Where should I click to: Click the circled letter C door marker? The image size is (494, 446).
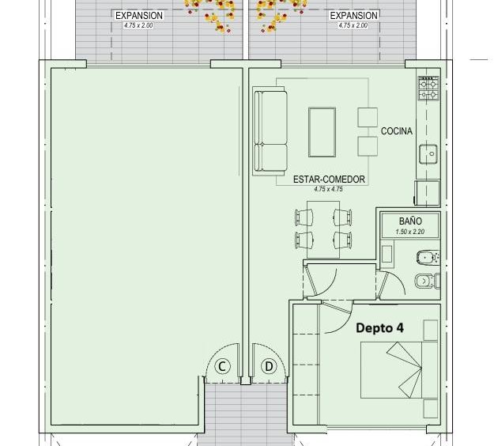(x=222, y=367)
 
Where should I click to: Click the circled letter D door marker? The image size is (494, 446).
(x=269, y=367)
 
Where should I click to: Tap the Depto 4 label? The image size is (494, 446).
(x=379, y=328)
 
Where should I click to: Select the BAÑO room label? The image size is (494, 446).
(x=410, y=221)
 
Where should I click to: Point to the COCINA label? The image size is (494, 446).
(x=396, y=131)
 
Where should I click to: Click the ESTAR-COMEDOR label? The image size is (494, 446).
(x=329, y=180)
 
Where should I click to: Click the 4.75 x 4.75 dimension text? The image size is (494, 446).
(x=328, y=189)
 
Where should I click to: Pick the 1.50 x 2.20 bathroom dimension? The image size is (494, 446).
(x=410, y=232)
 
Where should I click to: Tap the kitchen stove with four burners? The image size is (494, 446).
(x=428, y=89)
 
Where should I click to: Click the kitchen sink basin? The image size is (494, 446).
(x=428, y=154)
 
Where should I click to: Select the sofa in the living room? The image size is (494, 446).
(x=270, y=131)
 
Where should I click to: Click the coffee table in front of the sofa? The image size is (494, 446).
(x=322, y=132)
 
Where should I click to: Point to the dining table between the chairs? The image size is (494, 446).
(x=323, y=229)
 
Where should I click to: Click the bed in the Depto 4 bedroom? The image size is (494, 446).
(x=399, y=370)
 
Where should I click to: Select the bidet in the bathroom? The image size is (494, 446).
(x=428, y=258)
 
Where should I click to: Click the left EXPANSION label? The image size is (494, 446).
(x=139, y=16)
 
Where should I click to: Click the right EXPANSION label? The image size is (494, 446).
(x=353, y=16)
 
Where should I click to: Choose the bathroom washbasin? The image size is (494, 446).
(x=387, y=254)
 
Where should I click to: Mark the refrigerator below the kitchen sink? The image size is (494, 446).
(x=427, y=193)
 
